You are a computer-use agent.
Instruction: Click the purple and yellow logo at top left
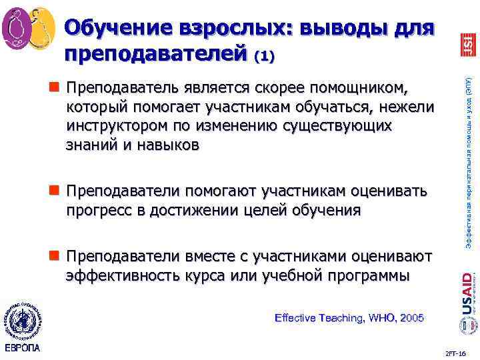tap(28, 27)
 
